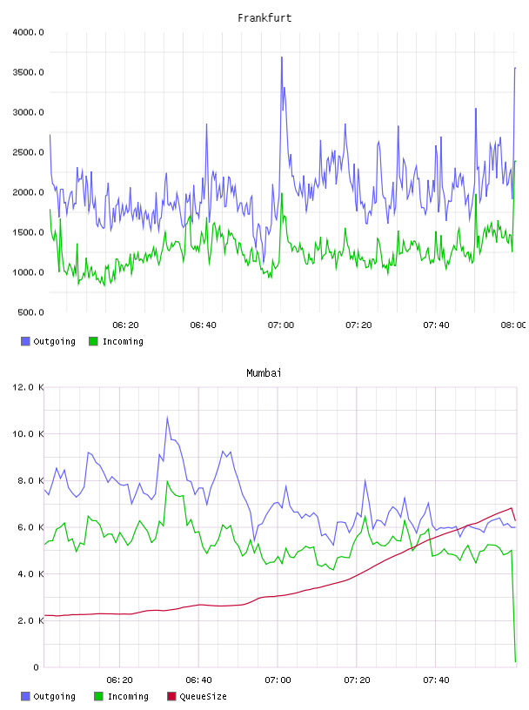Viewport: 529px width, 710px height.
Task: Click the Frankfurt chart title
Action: [264, 18]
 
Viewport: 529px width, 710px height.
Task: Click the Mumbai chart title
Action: [264, 373]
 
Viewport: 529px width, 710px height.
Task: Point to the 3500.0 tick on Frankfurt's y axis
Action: [28, 72]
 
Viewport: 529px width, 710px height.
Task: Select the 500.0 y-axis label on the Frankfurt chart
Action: [30, 312]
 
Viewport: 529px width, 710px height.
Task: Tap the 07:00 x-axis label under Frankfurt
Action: [281, 325]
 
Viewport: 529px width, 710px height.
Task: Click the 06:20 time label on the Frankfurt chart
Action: [125, 325]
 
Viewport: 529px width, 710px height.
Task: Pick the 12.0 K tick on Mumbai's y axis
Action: [28, 387]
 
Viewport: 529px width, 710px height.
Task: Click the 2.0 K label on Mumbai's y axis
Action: [30, 620]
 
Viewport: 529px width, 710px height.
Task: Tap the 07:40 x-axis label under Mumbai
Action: [436, 680]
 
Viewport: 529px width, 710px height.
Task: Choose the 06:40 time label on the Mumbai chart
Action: [199, 680]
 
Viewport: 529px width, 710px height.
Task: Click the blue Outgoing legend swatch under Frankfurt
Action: [25, 341]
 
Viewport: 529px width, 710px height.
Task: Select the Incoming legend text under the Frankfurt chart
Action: [124, 341]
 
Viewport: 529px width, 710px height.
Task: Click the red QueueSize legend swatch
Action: [171, 696]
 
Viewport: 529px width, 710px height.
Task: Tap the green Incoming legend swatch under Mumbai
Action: [98, 696]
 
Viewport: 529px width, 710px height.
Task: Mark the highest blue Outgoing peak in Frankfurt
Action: [282, 57]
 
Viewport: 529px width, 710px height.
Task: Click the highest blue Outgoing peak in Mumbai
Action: [168, 417]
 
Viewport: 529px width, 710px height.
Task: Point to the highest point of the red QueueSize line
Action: [512, 507]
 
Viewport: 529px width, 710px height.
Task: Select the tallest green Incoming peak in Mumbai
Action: [168, 481]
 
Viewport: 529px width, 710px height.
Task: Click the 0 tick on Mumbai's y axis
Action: [37, 667]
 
